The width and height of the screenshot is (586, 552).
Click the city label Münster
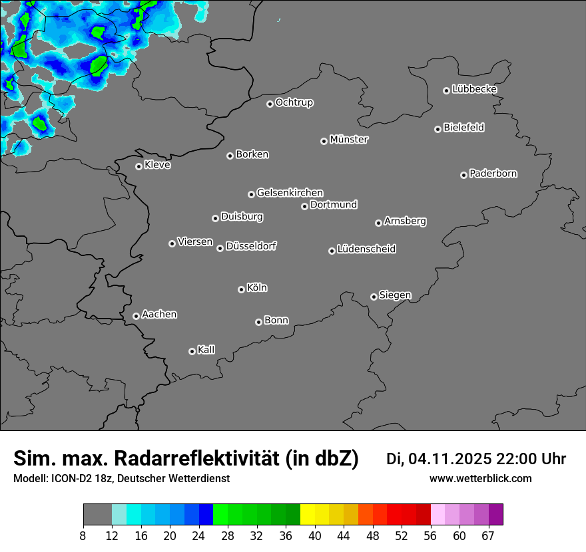click(x=349, y=140)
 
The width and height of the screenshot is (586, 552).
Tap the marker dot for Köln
click(x=241, y=289)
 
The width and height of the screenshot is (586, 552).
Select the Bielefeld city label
click(x=463, y=128)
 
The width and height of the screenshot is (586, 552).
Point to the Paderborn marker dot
click(x=463, y=175)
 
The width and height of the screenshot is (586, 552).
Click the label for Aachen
click(x=159, y=315)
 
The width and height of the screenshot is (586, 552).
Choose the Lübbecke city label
click(x=474, y=89)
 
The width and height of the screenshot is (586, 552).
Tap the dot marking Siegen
click(x=374, y=297)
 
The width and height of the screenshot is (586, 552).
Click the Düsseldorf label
click(x=251, y=246)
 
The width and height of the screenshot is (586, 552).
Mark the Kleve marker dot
click(x=139, y=166)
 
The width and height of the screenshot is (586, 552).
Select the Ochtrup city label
click(x=294, y=102)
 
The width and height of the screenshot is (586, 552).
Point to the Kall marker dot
click(x=192, y=351)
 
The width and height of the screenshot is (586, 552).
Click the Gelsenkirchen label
click(x=290, y=193)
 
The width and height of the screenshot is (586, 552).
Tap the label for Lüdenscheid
click(x=366, y=249)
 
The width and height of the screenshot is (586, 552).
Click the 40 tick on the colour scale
click(x=314, y=536)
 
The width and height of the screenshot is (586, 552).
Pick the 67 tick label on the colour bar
click(x=488, y=536)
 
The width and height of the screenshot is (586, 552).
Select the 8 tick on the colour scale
click(x=83, y=536)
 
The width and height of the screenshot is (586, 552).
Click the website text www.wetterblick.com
click(x=480, y=479)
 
